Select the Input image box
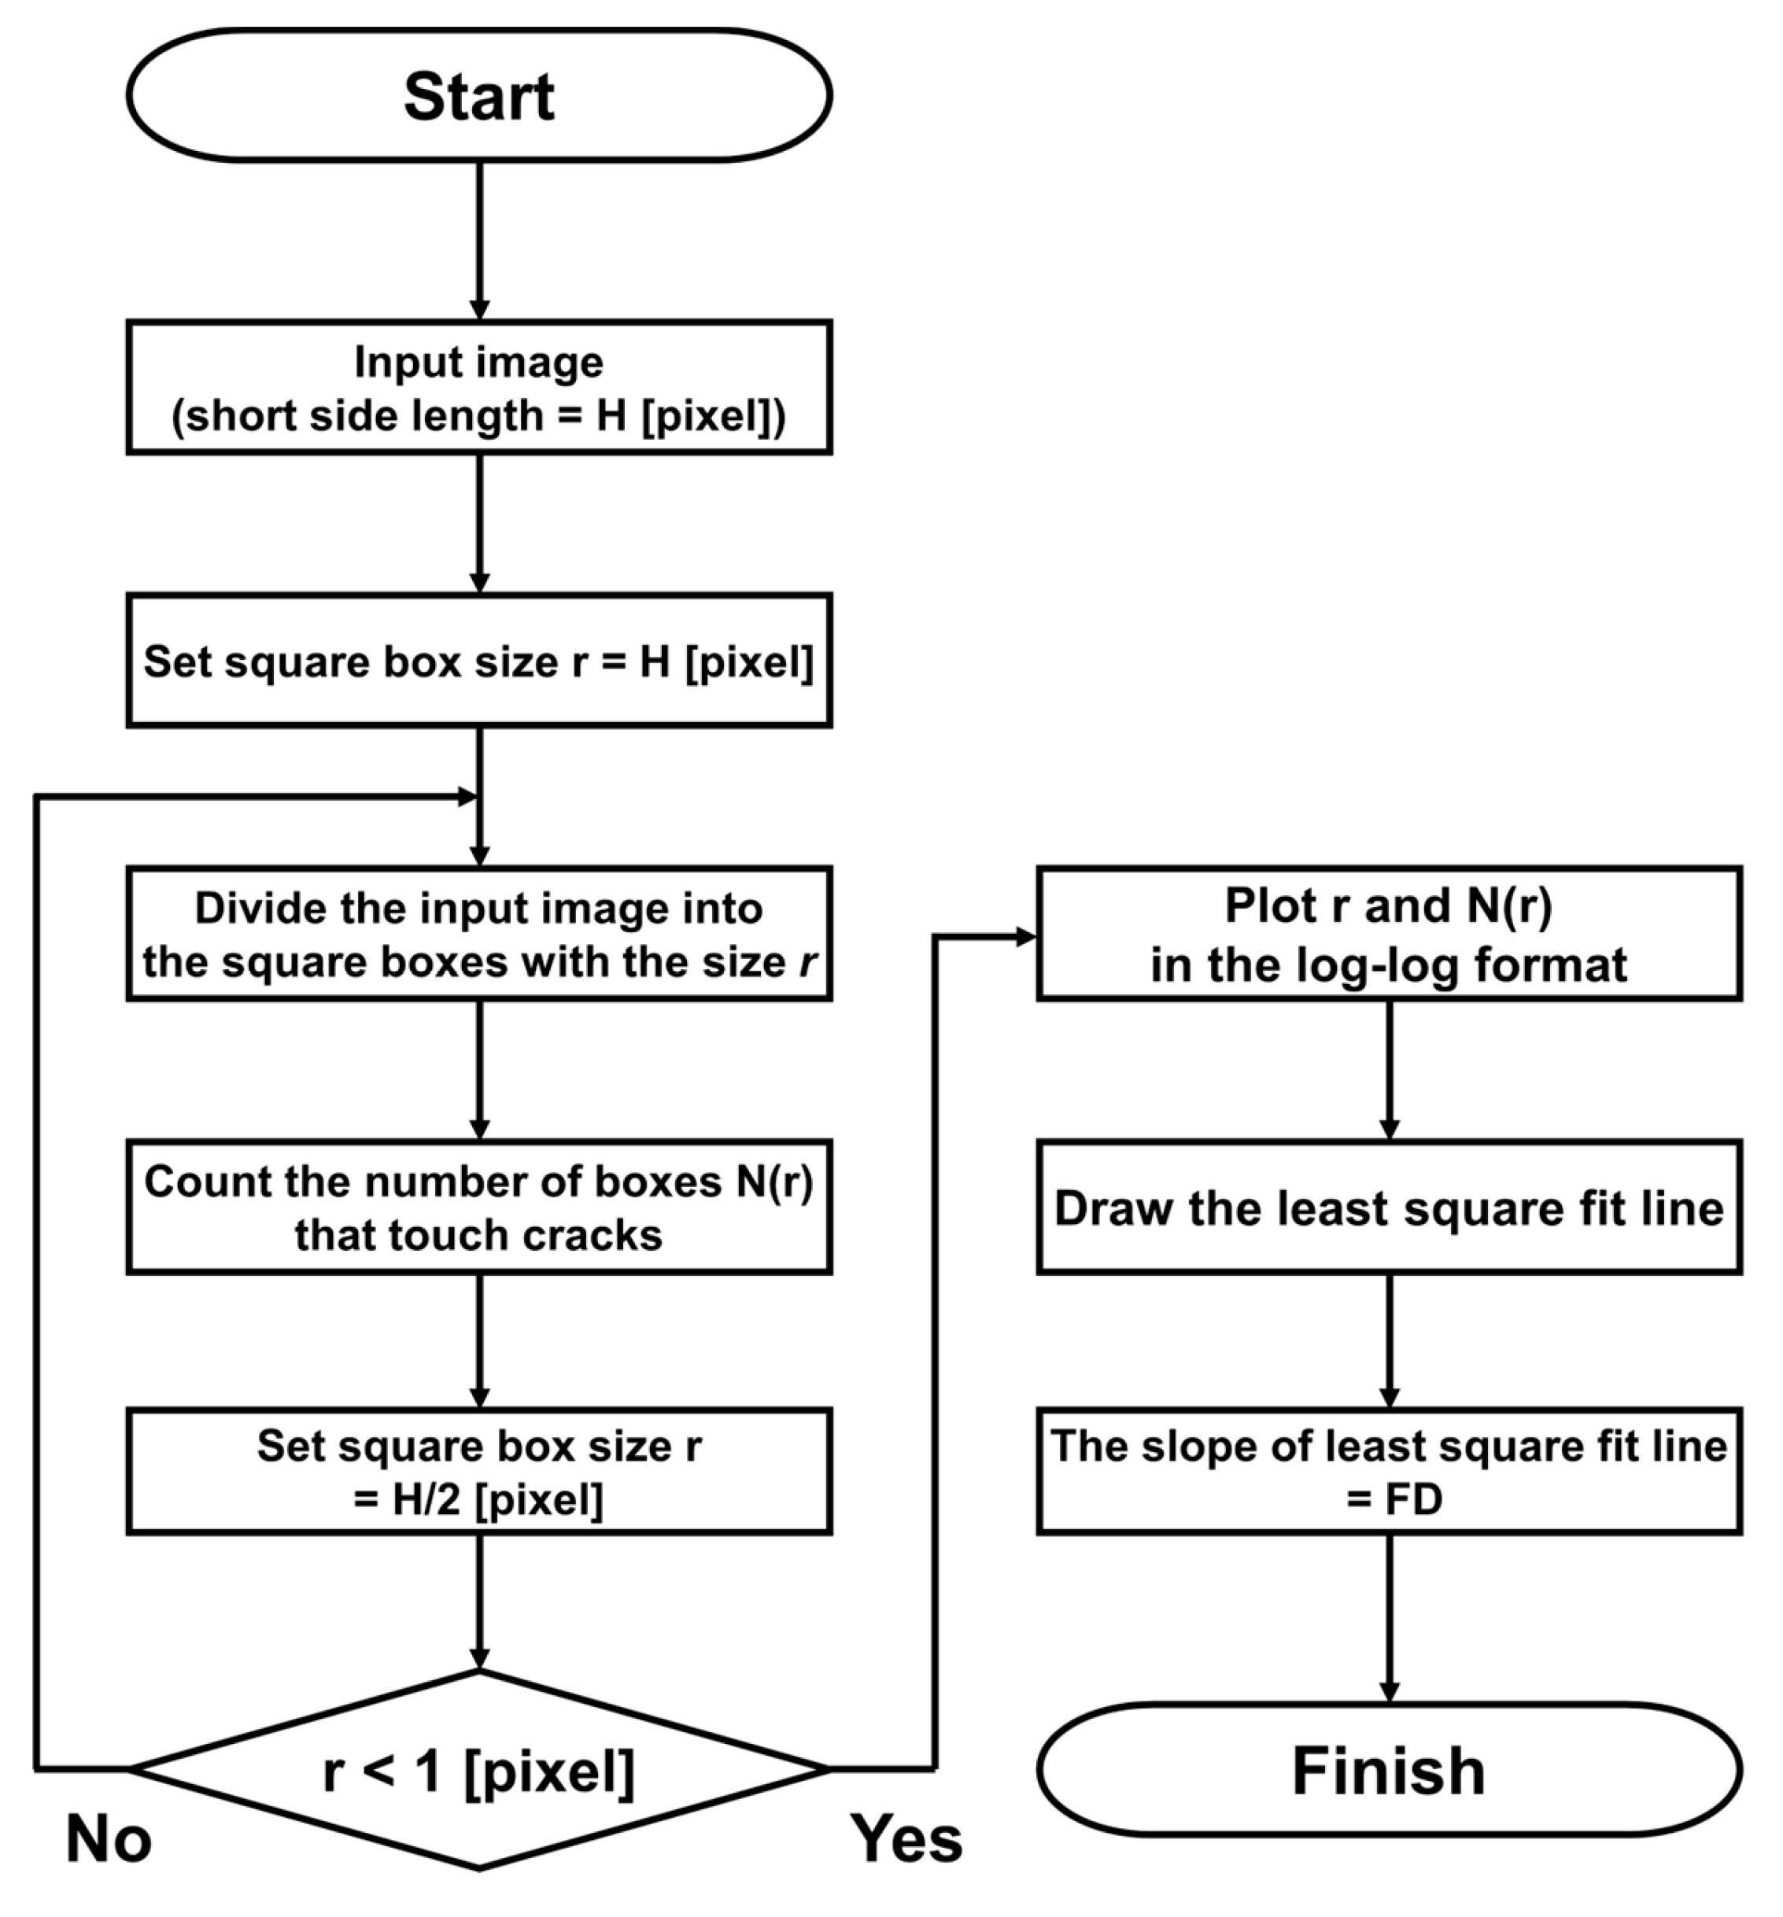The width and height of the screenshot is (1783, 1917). [478, 388]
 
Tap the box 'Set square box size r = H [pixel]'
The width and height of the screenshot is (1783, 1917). [478, 662]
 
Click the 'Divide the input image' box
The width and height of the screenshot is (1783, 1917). [478, 934]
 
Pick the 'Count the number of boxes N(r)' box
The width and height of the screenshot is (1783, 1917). [478, 1207]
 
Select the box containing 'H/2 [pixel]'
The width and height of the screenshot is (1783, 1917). [478, 1472]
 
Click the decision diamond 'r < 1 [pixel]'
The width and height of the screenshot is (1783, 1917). [478, 1771]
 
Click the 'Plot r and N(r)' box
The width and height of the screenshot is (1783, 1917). [1388, 934]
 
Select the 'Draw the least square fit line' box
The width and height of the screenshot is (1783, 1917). [1388, 1207]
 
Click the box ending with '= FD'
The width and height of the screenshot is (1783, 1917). [1388, 1472]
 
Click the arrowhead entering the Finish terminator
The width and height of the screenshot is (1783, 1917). [1389, 1691]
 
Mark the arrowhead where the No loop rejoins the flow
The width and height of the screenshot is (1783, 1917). [467, 797]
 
